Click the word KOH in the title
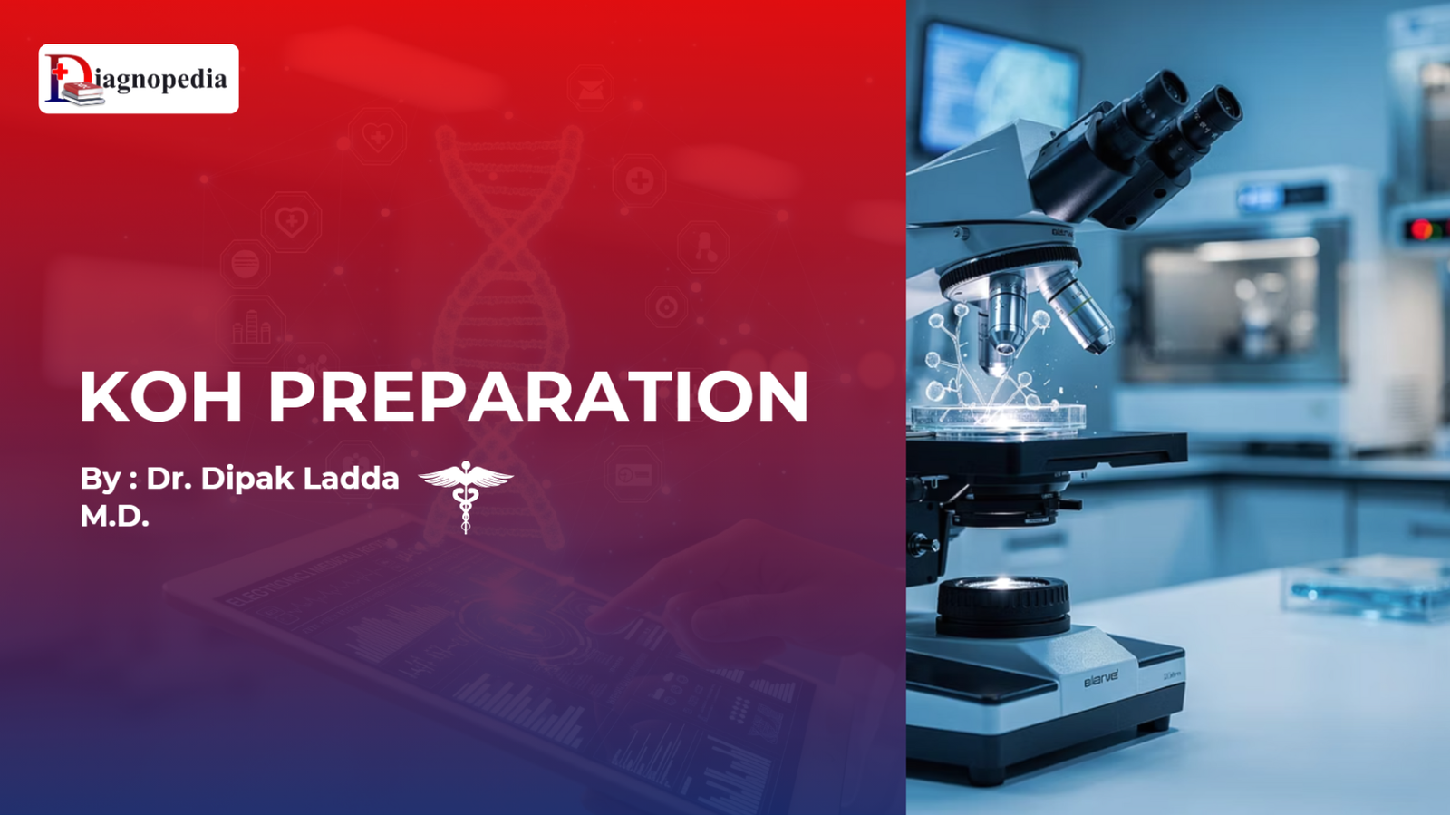click(x=161, y=396)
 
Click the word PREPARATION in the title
click(x=538, y=396)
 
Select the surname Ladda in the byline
click(x=352, y=479)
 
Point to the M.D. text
click(x=114, y=516)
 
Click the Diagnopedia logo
click(x=139, y=79)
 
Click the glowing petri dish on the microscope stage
click(x=998, y=418)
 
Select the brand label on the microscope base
click(x=1101, y=678)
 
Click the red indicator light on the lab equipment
click(x=1422, y=229)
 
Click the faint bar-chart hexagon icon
click(x=252, y=328)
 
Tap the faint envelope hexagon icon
click(x=591, y=88)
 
